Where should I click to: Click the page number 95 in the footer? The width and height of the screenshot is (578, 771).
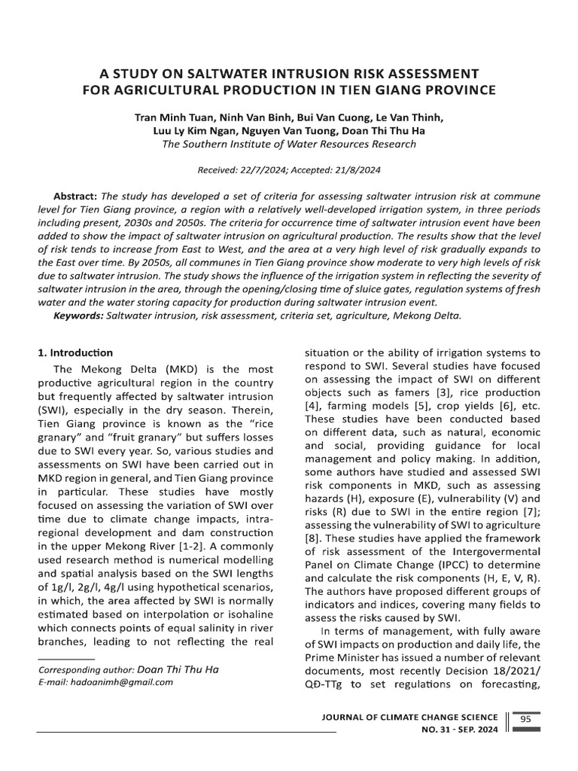click(525, 719)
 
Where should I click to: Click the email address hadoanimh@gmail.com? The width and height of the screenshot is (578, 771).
click(120, 682)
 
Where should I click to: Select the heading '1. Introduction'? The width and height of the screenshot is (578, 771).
click(75, 352)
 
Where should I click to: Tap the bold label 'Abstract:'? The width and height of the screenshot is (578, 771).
click(76, 195)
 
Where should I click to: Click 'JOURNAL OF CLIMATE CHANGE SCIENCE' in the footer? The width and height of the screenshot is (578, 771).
click(409, 718)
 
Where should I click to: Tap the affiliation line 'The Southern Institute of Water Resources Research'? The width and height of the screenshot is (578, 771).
click(289, 145)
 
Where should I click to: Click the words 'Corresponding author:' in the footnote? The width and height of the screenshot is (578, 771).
click(87, 669)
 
